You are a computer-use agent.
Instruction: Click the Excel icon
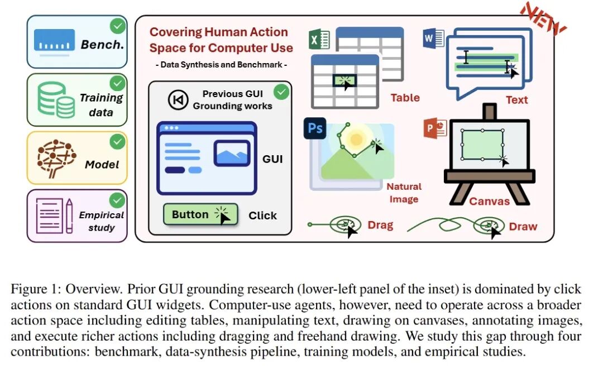point(319,40)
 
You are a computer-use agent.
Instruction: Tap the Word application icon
point(433,38)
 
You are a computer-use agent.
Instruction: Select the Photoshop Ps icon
point(315,128)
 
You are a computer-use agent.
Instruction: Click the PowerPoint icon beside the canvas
point(435,128)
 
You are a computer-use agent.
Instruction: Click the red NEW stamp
point(543,18)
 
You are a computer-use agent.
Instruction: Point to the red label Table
point(405,98)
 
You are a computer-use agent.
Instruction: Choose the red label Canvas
point(489,201)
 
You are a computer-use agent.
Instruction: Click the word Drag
point(380,225)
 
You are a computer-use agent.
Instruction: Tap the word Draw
point(523,227)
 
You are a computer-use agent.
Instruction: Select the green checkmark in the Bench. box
point(118,27)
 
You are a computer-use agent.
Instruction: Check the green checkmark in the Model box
point(117,142)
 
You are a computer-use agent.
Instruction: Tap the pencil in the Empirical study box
point(69,215)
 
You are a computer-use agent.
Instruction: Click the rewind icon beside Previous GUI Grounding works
point(178,100)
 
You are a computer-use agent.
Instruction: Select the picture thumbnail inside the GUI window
point(232,154)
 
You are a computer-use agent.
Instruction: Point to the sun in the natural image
point(356,139)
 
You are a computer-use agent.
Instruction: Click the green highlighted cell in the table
point(344,81)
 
